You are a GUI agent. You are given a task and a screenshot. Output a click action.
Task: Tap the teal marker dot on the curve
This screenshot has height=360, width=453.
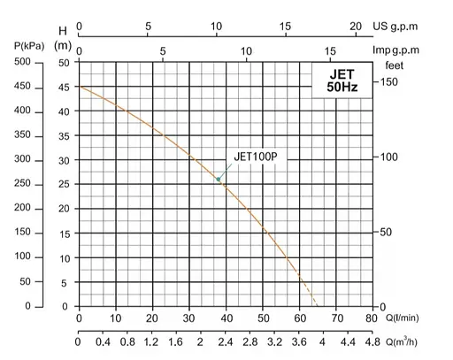point(219,180)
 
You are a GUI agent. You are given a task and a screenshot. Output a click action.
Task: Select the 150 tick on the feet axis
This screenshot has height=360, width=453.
point(388,82)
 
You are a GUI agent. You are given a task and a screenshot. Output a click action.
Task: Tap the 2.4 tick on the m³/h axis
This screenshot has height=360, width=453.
point(225,342)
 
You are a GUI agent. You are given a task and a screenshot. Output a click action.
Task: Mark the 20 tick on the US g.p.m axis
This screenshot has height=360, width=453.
point(355,27)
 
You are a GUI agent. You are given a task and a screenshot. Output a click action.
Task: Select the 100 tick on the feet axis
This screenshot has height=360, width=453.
point(388,157)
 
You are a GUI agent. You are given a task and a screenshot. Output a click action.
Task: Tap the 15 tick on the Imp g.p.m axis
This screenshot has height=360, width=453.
point(331,51)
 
